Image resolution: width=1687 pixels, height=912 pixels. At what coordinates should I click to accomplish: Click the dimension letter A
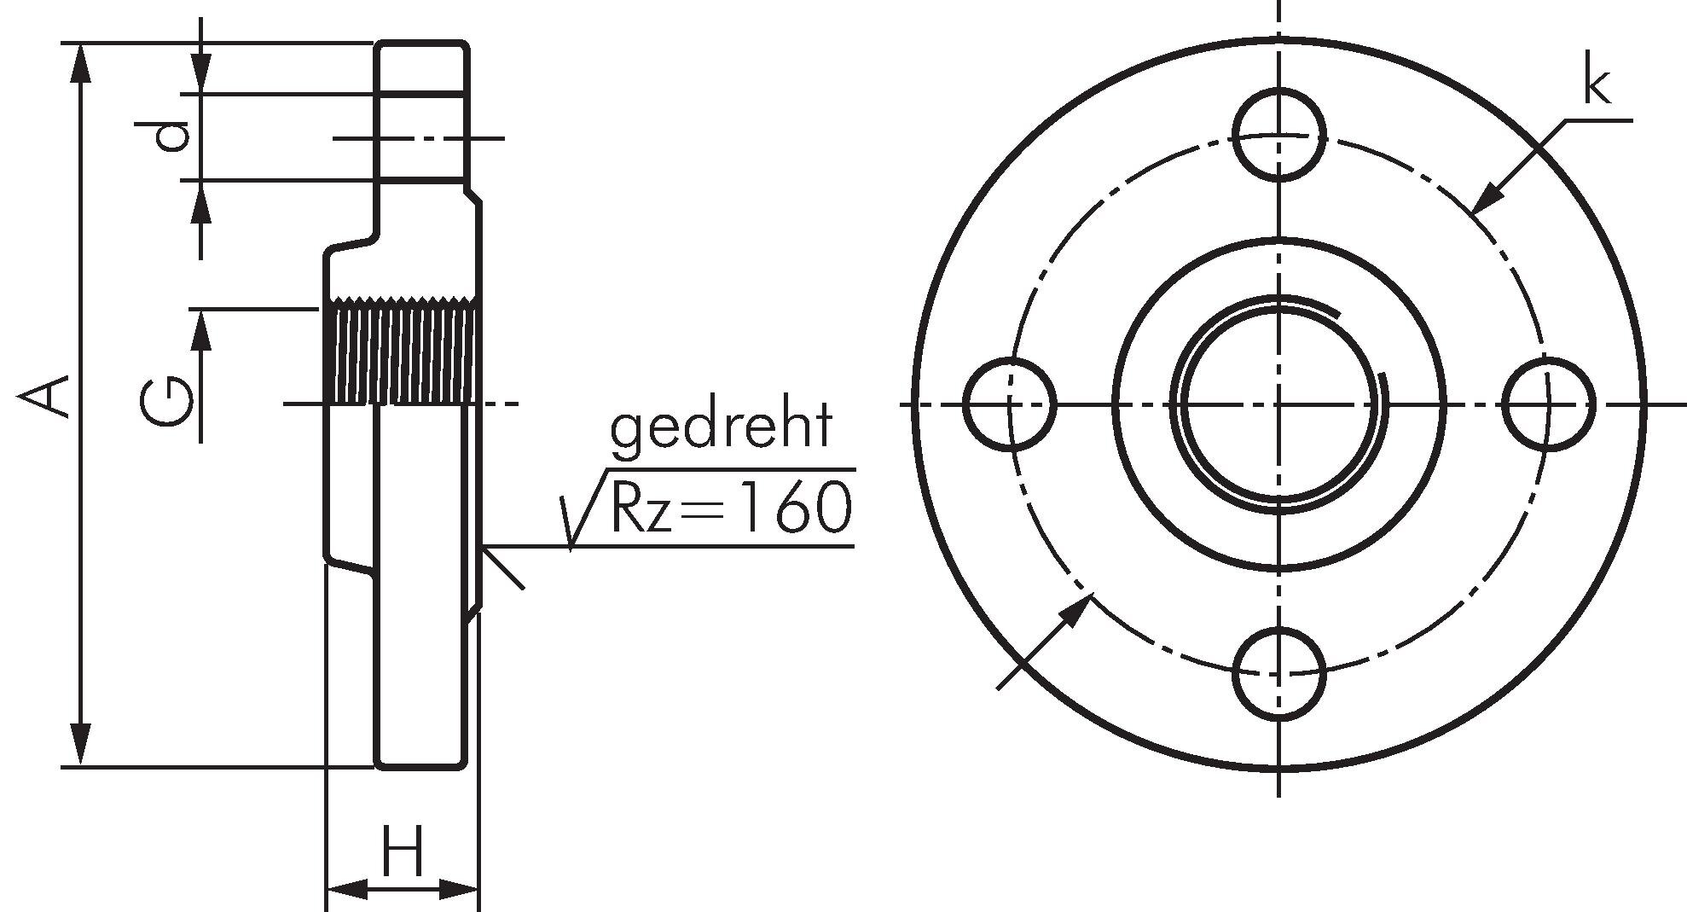coord(45,399)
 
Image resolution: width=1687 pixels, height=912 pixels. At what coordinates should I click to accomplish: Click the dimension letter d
coord(160,137)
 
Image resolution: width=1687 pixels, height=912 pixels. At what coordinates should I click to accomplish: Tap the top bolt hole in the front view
coord(1278,135)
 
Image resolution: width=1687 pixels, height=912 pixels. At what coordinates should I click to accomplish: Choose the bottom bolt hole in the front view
coord(1278,674)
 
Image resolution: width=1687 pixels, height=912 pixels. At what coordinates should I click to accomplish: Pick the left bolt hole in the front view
coord(1010,404)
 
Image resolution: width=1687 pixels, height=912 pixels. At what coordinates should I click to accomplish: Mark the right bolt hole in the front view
coord(1548,404)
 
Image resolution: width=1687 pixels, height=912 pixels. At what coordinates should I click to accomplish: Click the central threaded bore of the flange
coord(1278,404)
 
